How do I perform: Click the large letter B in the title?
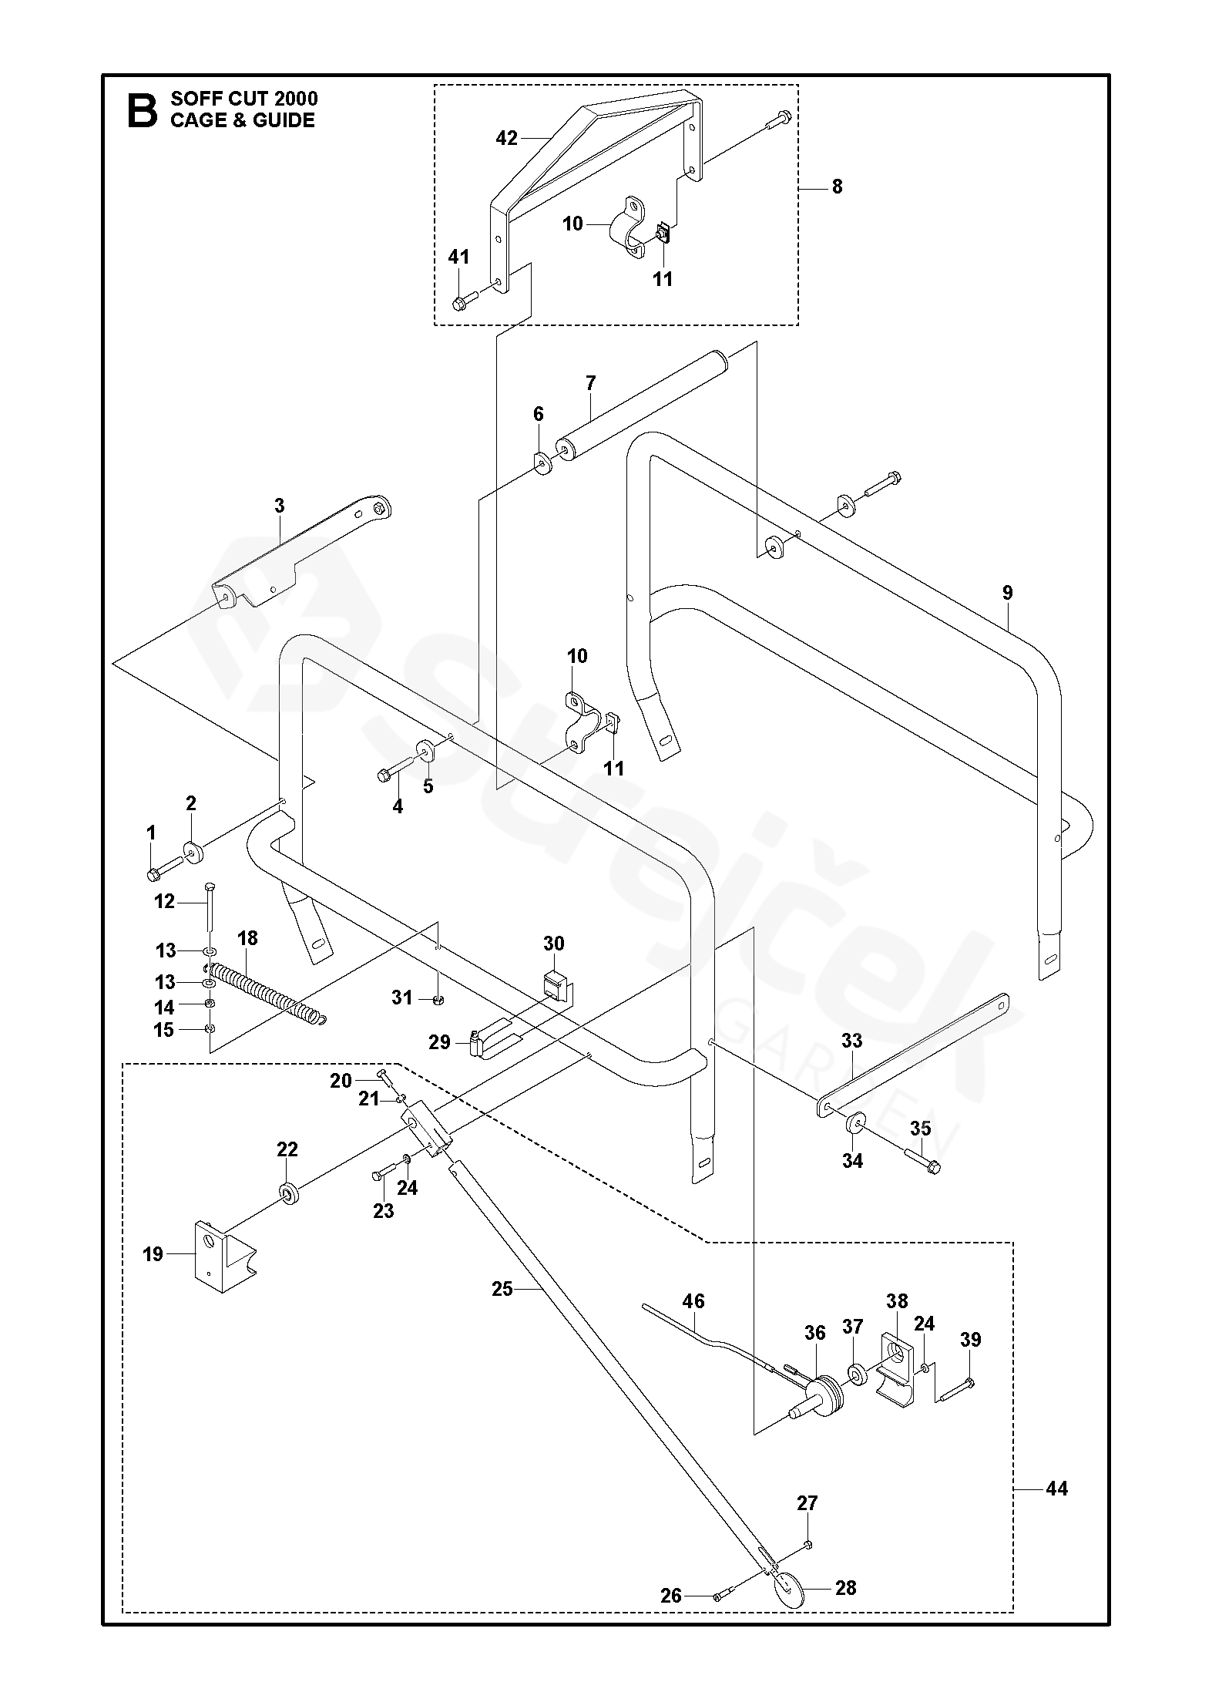click(x=141, y=109)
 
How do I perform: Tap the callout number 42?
click(x=506, y=138)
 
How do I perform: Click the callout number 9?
click(x=1007, y=593)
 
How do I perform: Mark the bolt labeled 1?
click(x=153, y=873)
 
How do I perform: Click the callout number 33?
click(x=851, y=1041)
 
